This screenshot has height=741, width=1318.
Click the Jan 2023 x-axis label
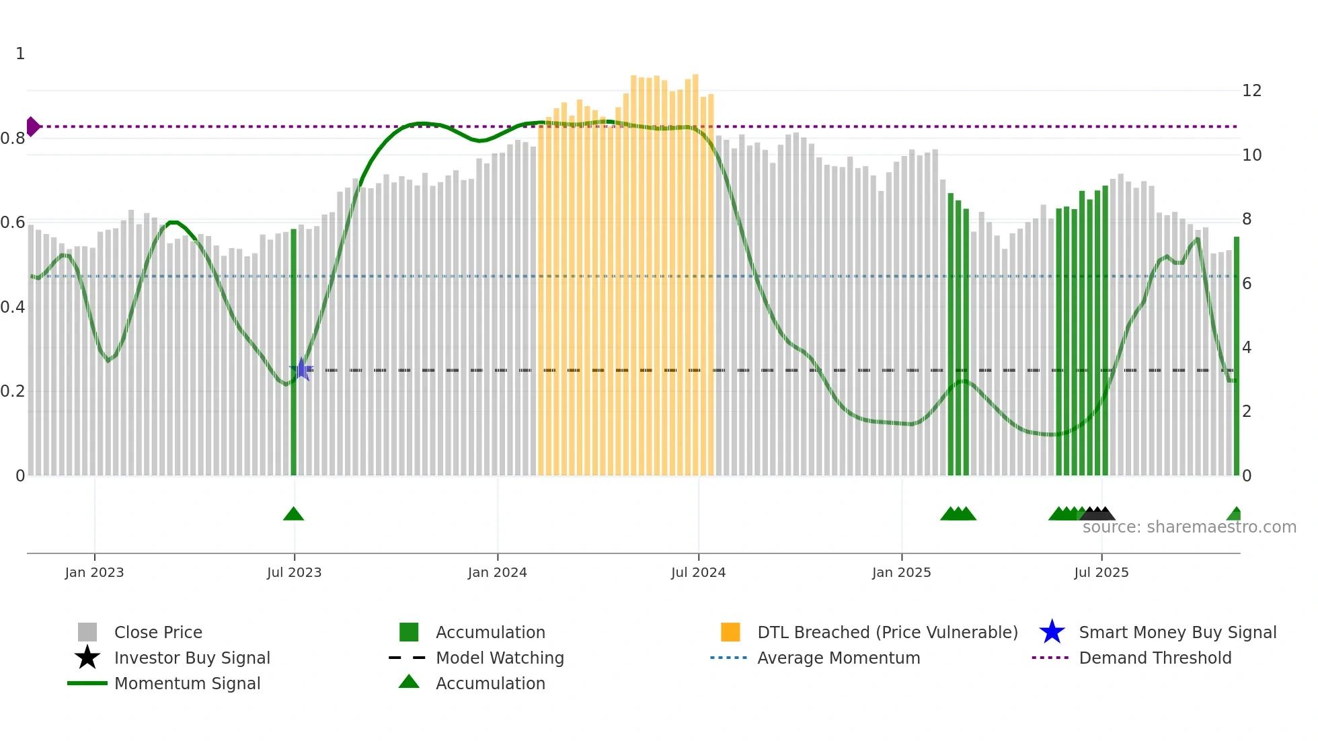(x=94, y=572)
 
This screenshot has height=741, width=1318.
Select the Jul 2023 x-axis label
(x=294, y=572)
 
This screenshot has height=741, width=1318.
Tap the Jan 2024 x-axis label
(x=497, y=572)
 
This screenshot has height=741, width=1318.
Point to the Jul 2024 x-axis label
(x=698, y=572)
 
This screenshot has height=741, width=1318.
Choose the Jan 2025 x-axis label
(x=901, y=572)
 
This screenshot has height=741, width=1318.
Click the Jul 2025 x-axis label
(x=1101, y=572)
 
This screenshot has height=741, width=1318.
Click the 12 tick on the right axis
(x=1251, y=91)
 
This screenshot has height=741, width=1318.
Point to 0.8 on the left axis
(x=13, y=139)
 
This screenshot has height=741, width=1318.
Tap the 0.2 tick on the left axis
(x=13, y=391)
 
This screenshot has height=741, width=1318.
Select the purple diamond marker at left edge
(x=32, y=126)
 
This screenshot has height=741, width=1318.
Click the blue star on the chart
(x=301, y=369)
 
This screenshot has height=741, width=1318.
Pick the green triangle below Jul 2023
(x=293, y=514)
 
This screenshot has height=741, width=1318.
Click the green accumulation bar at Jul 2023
(x=293, y=350)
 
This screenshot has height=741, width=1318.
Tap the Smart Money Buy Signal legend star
(x=1052, y=632)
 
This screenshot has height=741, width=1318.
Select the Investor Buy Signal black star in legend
(x=87, y=658)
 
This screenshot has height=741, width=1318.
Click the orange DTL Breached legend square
(x=730, y=632)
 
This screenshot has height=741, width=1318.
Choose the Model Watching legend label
(x=500, y=658)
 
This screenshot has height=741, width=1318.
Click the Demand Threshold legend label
(x=1155, y=658)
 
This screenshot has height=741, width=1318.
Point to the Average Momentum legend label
(x=839, y=658)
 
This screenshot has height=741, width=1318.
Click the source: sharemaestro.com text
(x=1189, y=527)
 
